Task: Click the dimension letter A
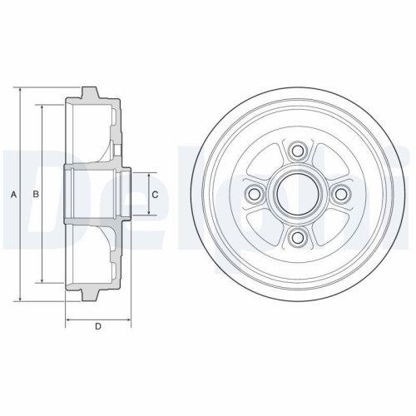(14, 195)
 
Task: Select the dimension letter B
(35, 195)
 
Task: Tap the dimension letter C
(155, 195)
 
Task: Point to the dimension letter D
(98, 326)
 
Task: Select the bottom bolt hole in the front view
(297, 238)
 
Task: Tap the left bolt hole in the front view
(255, 195)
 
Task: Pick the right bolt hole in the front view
(340, 195)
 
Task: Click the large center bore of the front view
(297, 195)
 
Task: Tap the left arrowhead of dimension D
(67, 319)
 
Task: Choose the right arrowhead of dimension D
(130, 319)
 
